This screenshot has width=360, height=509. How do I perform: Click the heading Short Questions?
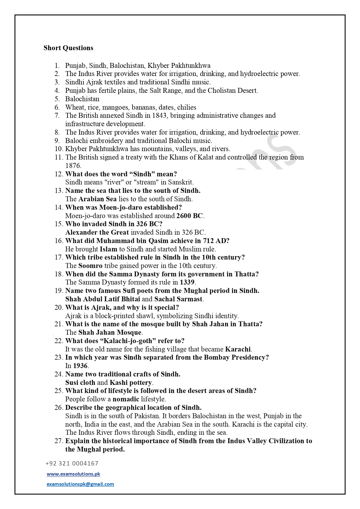pos(68,48)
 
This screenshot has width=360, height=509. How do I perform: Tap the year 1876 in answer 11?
pos(73,166)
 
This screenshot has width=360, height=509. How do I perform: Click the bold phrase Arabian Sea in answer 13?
pos(97,199)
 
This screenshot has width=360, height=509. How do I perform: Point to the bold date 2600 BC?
pos(189,216)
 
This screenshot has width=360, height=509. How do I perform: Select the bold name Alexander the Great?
pos(97,232)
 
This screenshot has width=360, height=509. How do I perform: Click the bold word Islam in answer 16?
pos(108,249)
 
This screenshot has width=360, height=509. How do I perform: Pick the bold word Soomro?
pos(90,266)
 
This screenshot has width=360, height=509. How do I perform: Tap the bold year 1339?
pos(187,282)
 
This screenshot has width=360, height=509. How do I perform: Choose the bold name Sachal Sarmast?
pos(178,299)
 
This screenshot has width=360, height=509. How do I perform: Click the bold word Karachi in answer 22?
pos(238,349)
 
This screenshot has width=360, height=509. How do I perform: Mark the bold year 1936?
pos(80,366)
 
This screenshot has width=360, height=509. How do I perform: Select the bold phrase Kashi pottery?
pos(131,383)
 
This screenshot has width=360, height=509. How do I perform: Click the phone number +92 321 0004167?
pos(72,463)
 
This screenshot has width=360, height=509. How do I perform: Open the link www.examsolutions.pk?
pos(73,474)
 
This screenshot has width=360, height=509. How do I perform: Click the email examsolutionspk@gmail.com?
pos(80,484)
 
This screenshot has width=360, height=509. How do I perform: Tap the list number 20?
pos(59,307)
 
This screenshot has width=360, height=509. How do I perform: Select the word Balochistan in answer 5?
pos(82,99)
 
